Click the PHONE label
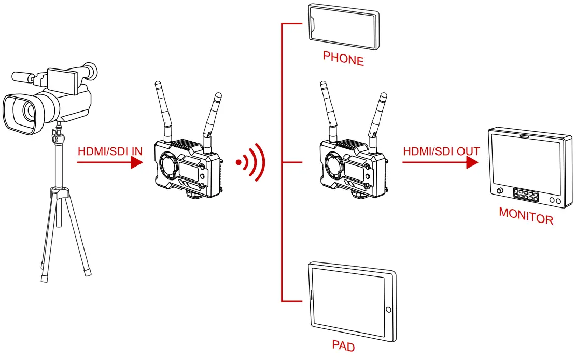pos(343,58)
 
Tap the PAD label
pos(343,345)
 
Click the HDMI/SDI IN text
pos(109,152)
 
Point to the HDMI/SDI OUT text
pos(441,152)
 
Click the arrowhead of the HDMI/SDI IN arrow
pos(136,162)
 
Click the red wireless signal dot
pos(238,163)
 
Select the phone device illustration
pos(343,23)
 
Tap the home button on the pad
pos(388,310)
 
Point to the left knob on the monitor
pos(500,192)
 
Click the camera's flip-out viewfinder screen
pos(62,81)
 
